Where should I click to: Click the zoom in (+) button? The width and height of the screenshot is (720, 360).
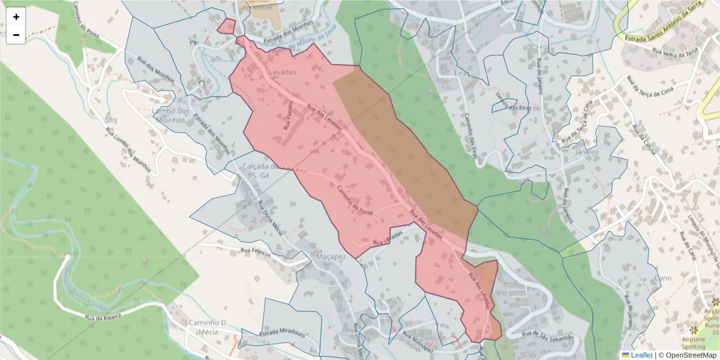click(16, 17)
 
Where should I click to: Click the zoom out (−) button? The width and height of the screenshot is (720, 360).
click(16, 35)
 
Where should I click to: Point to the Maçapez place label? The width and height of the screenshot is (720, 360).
click(330, 256)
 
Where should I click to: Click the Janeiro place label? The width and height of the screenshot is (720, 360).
click(587, 152)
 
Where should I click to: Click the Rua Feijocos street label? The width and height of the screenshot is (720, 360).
click(256, 251)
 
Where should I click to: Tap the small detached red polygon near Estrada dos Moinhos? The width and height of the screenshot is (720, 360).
click(226, 26)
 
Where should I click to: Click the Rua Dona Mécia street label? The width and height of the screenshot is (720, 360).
click(269, 218)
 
